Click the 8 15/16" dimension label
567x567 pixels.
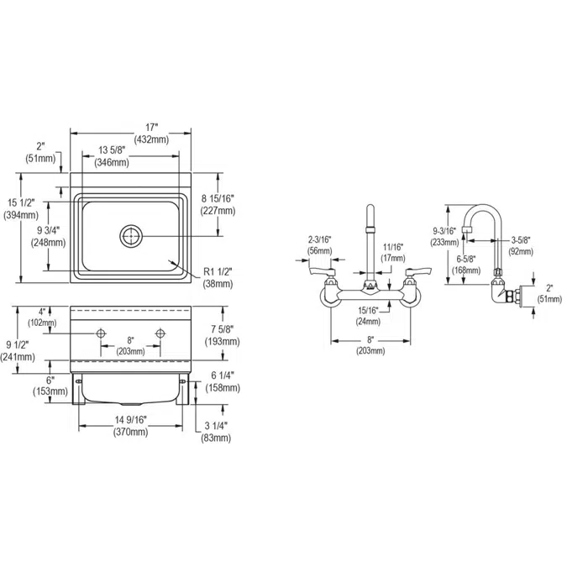click(x=218, y=198)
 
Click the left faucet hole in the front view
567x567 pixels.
click(x=102, y=335)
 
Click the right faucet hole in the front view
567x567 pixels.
click(x=160, y=335)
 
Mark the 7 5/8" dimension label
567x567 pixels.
click(x=223, y=329)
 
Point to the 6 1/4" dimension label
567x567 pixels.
click(x=223, y=376)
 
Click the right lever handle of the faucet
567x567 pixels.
click(x=417, y=271)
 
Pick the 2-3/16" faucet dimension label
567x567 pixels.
click(x=320, y=240)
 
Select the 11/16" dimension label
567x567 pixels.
click(x=392, y=247)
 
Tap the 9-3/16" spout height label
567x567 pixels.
click(x=444, y=230)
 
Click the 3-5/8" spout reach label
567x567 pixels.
click(x=521, y=239)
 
